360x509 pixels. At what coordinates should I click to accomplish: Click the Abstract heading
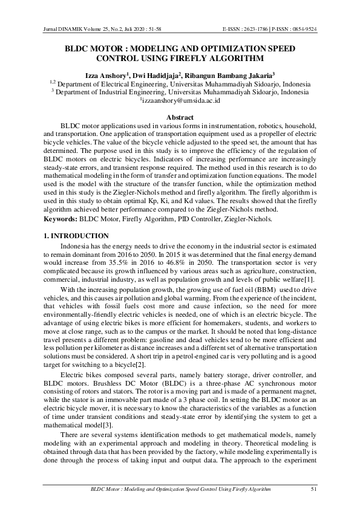(180, 117)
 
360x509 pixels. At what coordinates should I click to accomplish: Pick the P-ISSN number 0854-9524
(305, 29)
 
